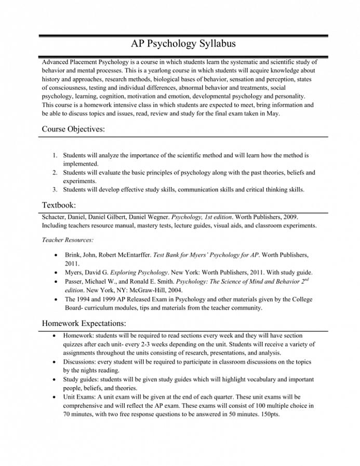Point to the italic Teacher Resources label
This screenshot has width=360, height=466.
tap(68, 240)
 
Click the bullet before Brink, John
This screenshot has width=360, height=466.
tap(56, 255)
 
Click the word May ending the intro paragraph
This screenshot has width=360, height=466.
tap(272, 114)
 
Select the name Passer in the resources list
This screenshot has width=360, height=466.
tap(75, 281)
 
